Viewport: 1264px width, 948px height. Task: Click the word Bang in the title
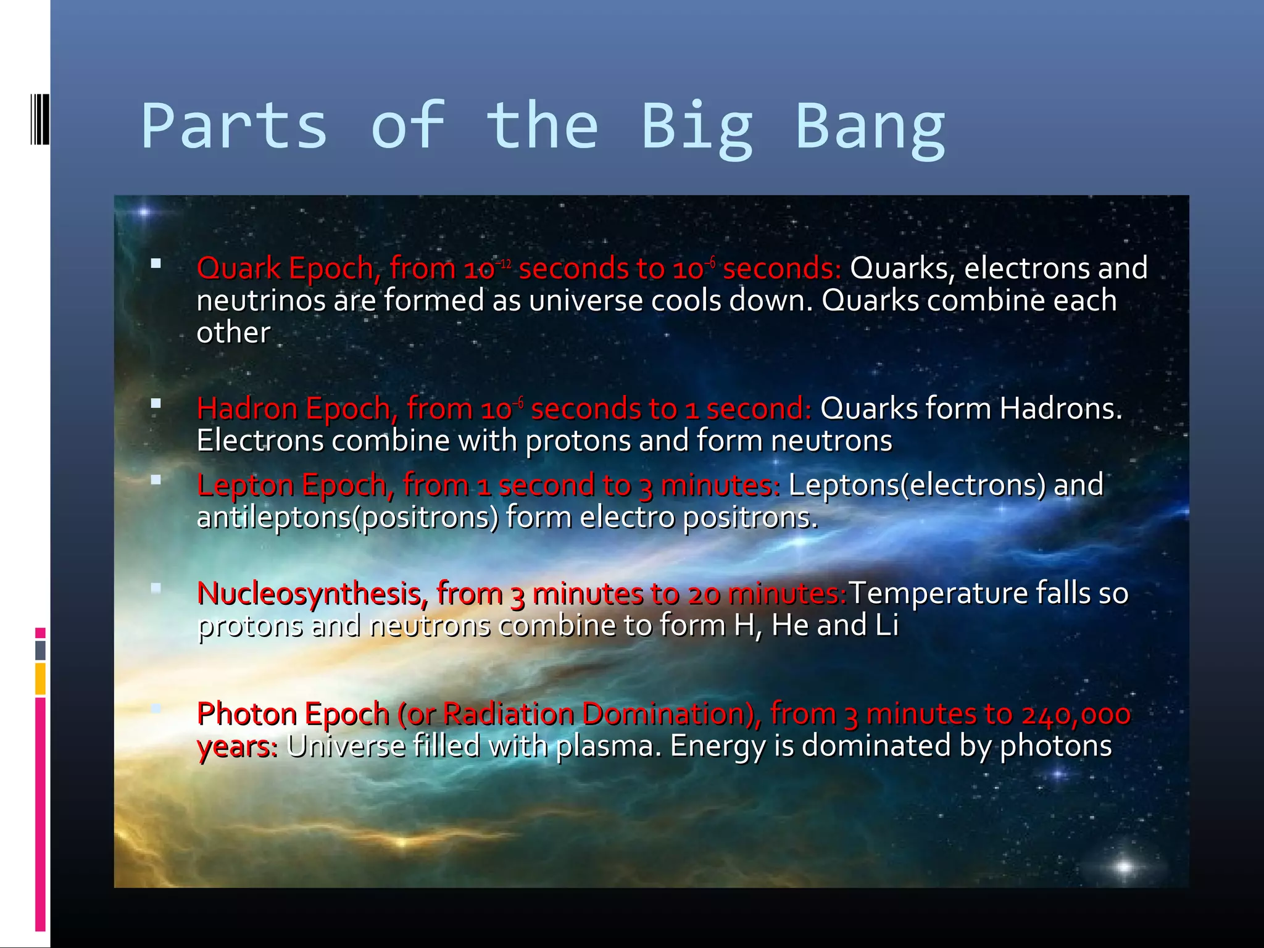click(x=870, y=127)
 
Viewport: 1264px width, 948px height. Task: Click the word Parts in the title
click(x=234, y=127)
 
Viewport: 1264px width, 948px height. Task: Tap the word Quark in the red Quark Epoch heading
click(x=239, y=269)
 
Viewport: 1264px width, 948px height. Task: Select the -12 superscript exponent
click(x=504, y=264)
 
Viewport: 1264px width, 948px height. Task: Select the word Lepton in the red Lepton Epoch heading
click(x=245, y=485)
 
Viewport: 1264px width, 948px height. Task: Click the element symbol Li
click(x=886, y=625)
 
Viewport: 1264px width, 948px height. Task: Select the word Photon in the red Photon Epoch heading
click(x=246, y=715)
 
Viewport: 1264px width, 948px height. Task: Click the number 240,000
click(x=1075, y=715)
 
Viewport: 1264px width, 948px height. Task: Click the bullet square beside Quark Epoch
click(x=156, y=264)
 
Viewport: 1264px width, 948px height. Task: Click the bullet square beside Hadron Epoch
click(x=156, y=404)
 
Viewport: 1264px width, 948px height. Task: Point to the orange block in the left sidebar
click(x=40, y=678)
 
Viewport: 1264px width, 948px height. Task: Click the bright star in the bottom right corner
click(x=1125, y=867)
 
